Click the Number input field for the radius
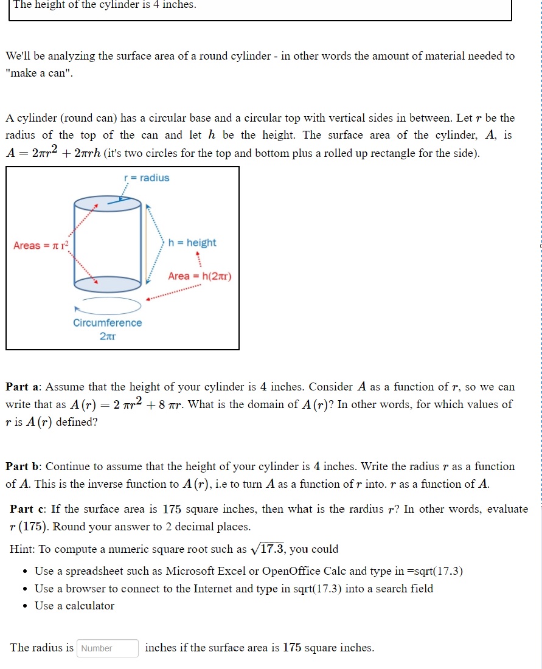point(108,648)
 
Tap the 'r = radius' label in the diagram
point(147,178)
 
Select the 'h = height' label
point(192,243)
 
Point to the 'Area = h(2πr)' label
point(200,276)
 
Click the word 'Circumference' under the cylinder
point(108,323)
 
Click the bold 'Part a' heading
point(23,387)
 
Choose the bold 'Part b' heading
point(23,466)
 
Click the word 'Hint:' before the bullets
point(23,549)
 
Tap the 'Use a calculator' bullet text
point(74,606)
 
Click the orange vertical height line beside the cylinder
point(146,242)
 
